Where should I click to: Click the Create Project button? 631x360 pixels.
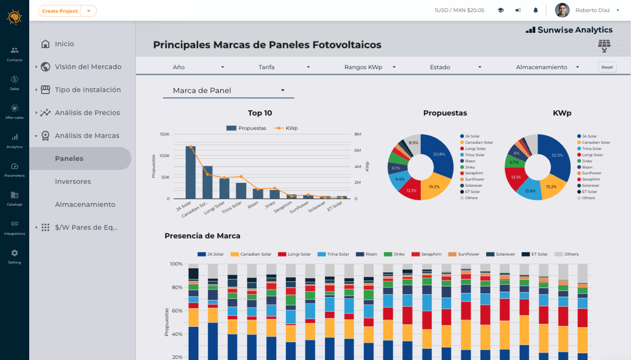pyautogui.click(x=60, y=11)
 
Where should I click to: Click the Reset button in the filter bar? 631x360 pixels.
pyautogui.click(x=607, y=67)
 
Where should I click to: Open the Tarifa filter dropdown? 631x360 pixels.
pyautogui.click(x=284, y=67)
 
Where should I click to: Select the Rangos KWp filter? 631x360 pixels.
pyautogui.click(x=370, y=67)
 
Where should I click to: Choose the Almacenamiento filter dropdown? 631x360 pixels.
pyautogui.click(x=547, y=67)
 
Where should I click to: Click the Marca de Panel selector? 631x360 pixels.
pyautogui.click(x=228, y=91)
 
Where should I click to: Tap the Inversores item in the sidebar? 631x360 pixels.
pyautogui.click(x=73, y=182)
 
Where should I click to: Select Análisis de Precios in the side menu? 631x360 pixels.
pyautogui.click(x=87, y=113)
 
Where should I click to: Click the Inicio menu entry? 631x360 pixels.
pyautogui.click(x=64, y=44)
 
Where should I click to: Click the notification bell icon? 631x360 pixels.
pyautogui.click(x=536, y=11)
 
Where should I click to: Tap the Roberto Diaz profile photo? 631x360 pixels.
pyautogui.click(x=562, y=11)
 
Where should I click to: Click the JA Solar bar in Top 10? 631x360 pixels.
pyautogui.click(x=190, y=172)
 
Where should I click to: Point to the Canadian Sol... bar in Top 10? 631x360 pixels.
pyautogui.click(x=207, y=182)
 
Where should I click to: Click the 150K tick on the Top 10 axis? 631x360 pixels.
pyautogui.click(x=164, y=134)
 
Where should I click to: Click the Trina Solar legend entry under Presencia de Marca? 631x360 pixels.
pyautogui.click(x=333, y=254)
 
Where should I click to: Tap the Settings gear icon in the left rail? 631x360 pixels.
pyautogui.click(x=15, y=253)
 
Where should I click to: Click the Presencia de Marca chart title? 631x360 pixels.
pyautogui.click(x=202, y=236)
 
